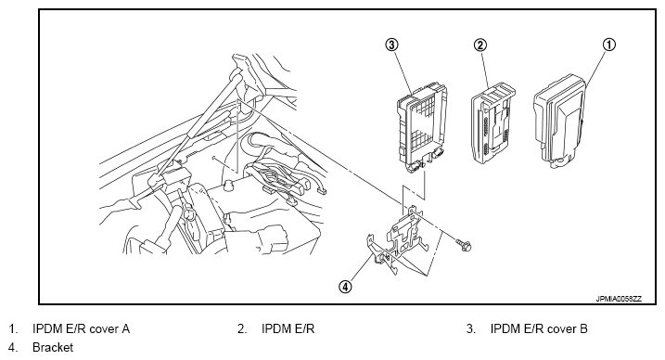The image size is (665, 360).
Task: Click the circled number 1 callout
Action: tap(608, 45)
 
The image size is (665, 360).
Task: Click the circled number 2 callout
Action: tap(480, 45)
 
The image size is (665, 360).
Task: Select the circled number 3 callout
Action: tap(391, 45)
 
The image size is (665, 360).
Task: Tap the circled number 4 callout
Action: tap(345, 287)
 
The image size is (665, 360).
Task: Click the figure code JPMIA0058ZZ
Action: tap(619, 299)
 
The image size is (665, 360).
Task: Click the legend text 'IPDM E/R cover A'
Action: tap(81, 328)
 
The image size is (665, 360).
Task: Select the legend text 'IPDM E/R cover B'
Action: tap(539, 328)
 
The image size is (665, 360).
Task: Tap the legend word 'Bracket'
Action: tap(53, 347)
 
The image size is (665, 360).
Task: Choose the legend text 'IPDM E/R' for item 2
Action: tap(288, 328)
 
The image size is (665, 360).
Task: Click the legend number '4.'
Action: tap(13, 347)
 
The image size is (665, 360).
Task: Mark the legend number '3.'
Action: tap(471, 328)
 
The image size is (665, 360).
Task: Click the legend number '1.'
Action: tap(13, 328)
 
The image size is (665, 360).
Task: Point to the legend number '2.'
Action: tap(242, 328)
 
